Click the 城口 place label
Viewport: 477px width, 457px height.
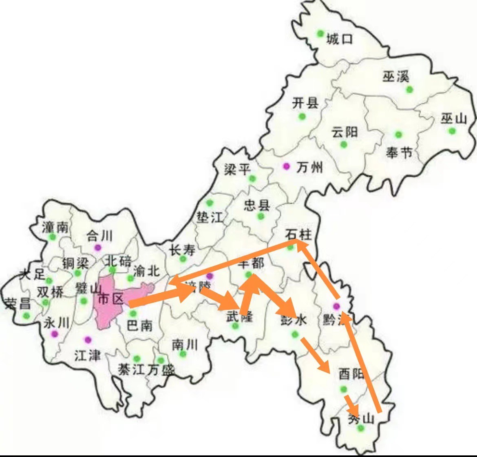339,39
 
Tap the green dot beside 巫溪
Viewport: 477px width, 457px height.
409,89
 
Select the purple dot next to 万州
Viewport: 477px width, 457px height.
286,166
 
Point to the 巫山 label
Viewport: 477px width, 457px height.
453,119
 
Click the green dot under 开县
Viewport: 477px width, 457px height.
302,117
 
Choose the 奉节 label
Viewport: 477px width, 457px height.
399,152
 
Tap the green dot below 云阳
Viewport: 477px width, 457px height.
344,144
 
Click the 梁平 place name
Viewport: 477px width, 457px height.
237,169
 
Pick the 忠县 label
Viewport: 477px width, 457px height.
257,205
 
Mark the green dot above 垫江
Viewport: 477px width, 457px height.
210,203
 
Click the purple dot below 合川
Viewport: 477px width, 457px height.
97,247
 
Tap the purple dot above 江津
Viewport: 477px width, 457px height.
87,339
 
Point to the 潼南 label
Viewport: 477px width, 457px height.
55,227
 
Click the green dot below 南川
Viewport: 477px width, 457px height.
183,353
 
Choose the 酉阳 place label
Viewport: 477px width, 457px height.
351,374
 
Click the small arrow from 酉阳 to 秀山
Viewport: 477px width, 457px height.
351,404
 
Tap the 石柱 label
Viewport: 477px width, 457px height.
298,234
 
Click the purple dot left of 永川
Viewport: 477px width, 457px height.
54,334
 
